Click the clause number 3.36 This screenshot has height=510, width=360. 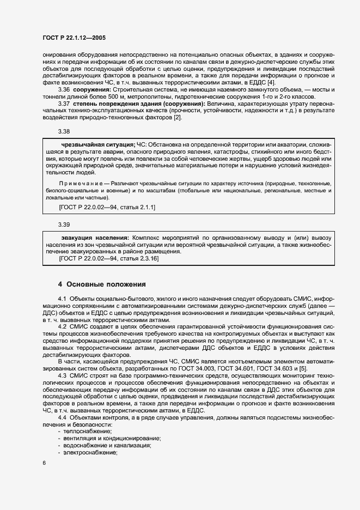click(64, 88)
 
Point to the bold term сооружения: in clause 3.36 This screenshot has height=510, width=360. click(93, 88)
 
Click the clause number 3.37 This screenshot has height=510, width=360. click(64, 102)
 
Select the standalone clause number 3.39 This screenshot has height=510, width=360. click(64, 224)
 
